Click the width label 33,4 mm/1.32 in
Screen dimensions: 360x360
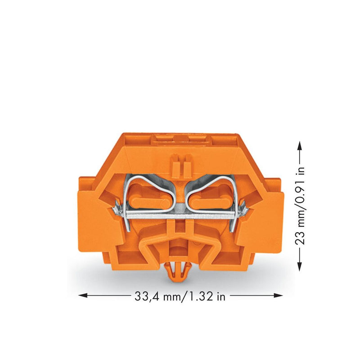[x=180, y=297]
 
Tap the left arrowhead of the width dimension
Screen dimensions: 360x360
[x=83, y=295]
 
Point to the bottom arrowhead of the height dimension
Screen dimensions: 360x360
[x=299, y=266]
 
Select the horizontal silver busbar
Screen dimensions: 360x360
[x=180, y=216]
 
